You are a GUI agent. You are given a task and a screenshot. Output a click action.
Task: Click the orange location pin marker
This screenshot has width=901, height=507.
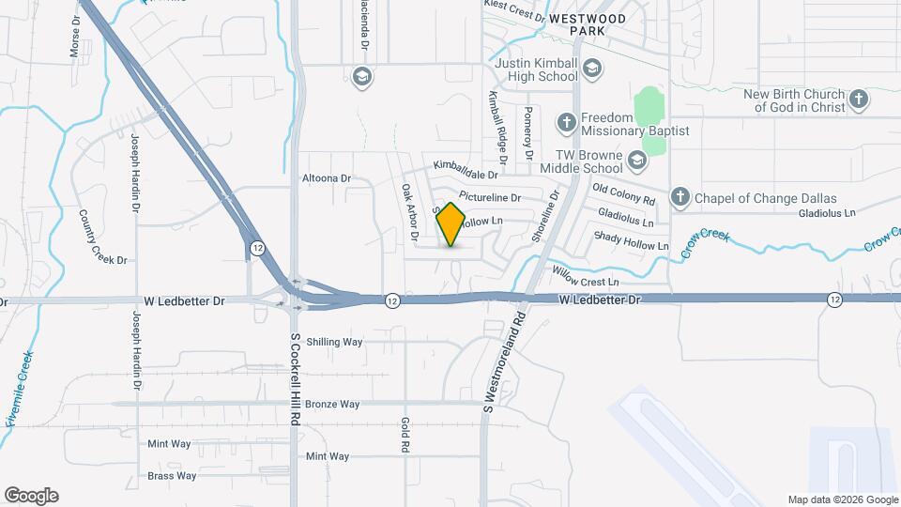pyautogui.click(x=451, y=223)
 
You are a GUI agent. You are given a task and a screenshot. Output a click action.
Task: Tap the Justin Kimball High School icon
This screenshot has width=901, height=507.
pyautogui.click(x=591, y=68)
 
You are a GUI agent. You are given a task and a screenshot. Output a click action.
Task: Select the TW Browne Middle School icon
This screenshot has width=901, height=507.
pyautogui.click(x=638, y=161)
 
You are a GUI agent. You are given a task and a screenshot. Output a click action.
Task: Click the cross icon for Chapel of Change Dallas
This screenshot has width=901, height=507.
pyautogui.click(x=680, y=197)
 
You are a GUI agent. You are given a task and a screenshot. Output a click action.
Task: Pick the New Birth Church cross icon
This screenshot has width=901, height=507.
pyautogui.click(x=858, y=100)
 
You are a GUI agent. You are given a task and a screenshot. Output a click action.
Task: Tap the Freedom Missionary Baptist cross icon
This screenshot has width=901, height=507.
pyautogui.click(x=566, y=122)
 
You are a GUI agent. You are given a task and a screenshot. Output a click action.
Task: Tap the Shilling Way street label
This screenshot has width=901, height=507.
pyautogui.click(x=334, y=343)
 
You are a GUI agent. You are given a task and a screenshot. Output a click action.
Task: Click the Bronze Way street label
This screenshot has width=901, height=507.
pyautogui.click(x=332, y=405)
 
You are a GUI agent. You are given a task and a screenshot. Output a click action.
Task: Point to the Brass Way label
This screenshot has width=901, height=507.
pyautogui.click(x=172, y=476)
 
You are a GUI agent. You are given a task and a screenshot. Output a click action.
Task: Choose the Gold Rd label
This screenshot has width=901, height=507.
pyautogui.click(x=405, y=436)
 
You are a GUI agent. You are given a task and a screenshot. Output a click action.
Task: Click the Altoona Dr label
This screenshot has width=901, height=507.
pyautogui.click(x=326, y=177)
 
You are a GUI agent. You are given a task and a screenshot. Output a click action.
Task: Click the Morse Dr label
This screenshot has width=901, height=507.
pyautogui.click(x=75, y=37)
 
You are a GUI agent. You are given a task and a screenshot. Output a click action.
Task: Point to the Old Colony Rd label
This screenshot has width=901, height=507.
pyautogui.click(x=623, y=197)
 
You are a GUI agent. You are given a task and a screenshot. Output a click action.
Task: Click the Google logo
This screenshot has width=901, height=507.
pyautogui.click(x=31, y=496)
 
